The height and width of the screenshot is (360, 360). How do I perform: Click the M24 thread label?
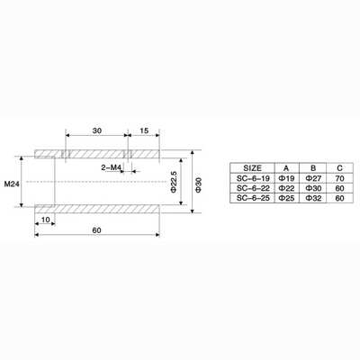click(12, 184)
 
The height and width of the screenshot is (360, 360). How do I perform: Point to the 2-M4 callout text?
click(111, 167)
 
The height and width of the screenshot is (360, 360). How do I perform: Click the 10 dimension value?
click(45, 220)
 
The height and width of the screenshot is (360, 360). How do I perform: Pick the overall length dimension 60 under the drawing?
click(96, 230)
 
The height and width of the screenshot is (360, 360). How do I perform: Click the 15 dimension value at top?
click(144, 130)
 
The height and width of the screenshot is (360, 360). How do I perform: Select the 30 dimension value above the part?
click(97, 130)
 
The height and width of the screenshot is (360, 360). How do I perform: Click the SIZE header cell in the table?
click(252, 168)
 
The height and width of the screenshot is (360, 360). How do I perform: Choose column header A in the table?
click(286, 168)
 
